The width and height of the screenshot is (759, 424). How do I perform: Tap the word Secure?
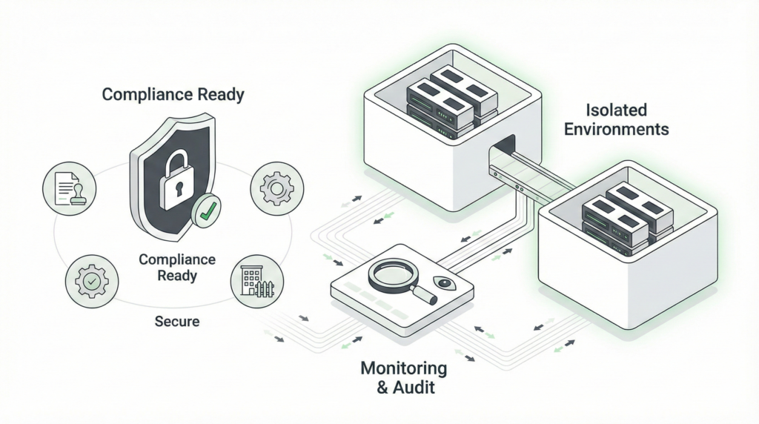click(177, 322)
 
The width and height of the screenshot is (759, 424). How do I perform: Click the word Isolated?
click(616, 110)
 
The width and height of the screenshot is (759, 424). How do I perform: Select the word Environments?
click(616, 129)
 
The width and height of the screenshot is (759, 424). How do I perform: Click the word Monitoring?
click(403, 368)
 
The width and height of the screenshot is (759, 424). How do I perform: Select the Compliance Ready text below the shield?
click(177, 267)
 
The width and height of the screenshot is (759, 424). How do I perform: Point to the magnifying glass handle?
click(423, 294)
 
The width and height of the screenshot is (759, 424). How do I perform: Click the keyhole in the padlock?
click(176, 188)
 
